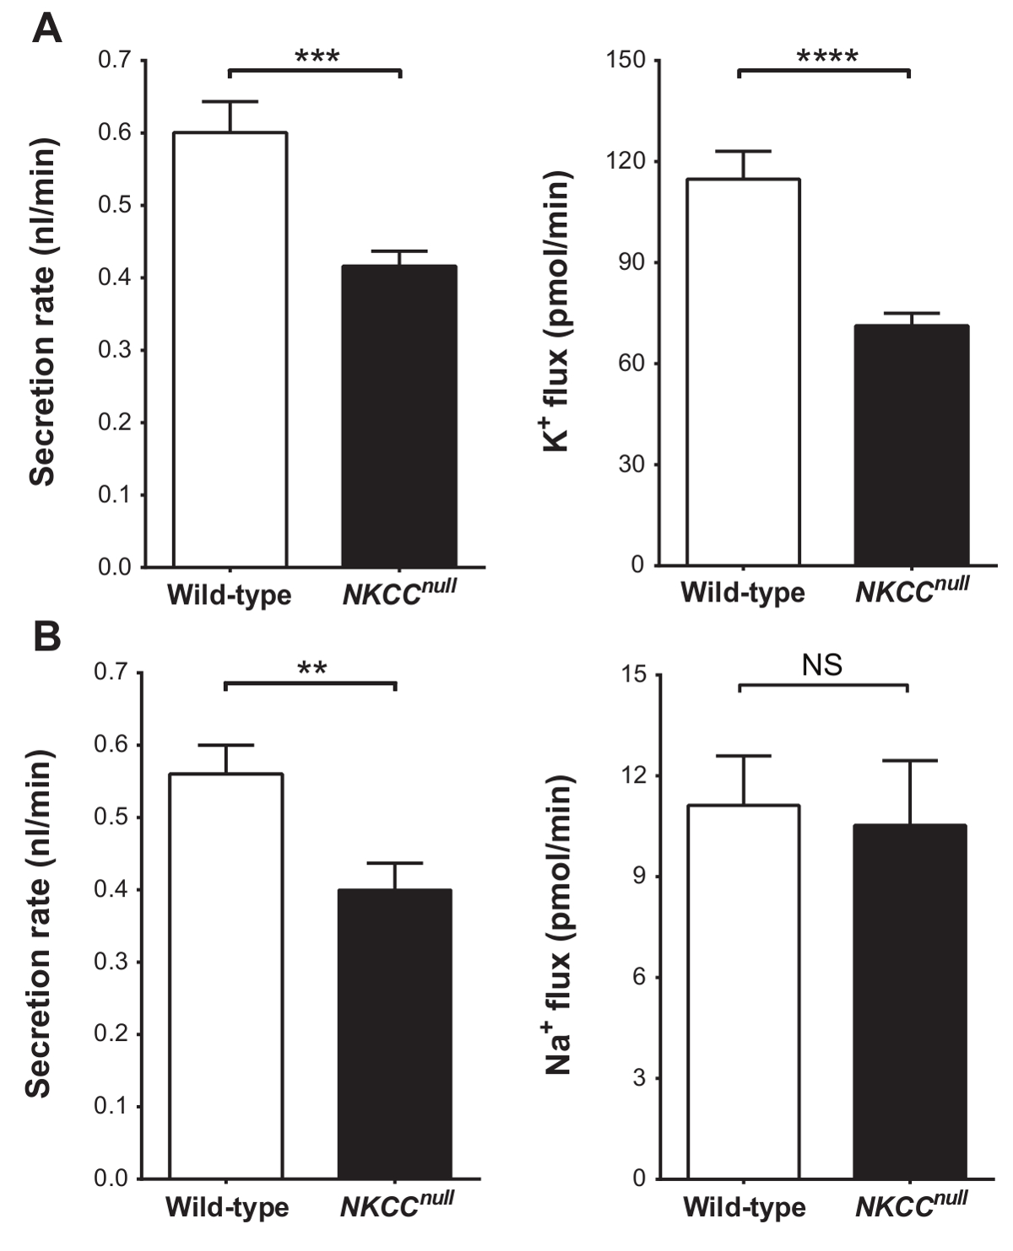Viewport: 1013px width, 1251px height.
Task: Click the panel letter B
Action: (46, 638)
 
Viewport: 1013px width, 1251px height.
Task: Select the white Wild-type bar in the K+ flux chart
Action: (743, 371)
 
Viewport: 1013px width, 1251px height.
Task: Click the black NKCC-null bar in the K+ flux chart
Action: (911, 445)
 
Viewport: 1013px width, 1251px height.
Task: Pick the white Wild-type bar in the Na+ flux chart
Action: (745, 991)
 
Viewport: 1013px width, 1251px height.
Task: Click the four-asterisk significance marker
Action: (826, 57)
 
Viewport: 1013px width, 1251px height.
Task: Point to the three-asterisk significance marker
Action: (317, 57)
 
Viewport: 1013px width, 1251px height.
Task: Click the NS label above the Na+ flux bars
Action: (822, 666)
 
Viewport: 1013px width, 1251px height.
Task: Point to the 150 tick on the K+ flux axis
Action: (626, 61)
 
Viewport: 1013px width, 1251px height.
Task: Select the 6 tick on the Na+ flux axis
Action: (637, 977)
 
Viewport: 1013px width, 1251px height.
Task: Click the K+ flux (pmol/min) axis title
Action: (557, 312)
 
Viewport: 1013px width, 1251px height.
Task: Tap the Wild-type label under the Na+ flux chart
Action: (744, 1207)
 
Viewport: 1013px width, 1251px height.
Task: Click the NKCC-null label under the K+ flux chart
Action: (912, 590)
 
